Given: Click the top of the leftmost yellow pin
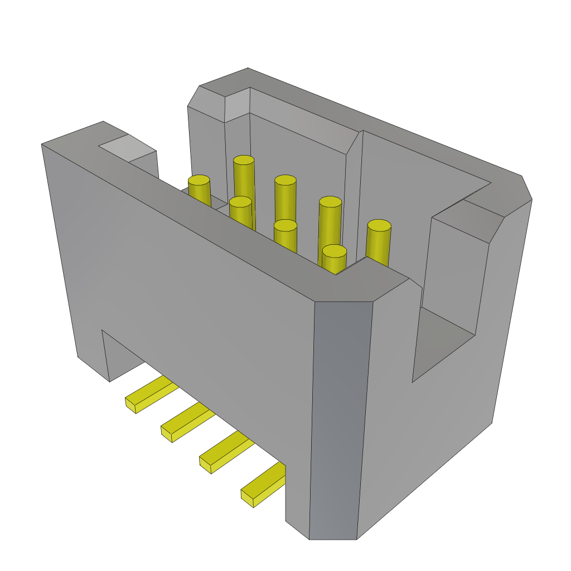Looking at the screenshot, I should (x=199, y=180).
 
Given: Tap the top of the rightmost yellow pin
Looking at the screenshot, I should (x=379, y=225).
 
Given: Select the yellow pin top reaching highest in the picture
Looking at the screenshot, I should (x=244, y=160).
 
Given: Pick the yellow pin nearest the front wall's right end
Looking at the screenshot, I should (x=334, y=251).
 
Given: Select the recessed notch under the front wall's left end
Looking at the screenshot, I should (x=120, y=357).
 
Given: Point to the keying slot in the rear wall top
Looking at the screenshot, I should (x=237, y=103).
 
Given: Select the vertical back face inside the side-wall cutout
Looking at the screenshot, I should (x=454, y=273).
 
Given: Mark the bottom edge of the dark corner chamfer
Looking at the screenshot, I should (x=333, y=539).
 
